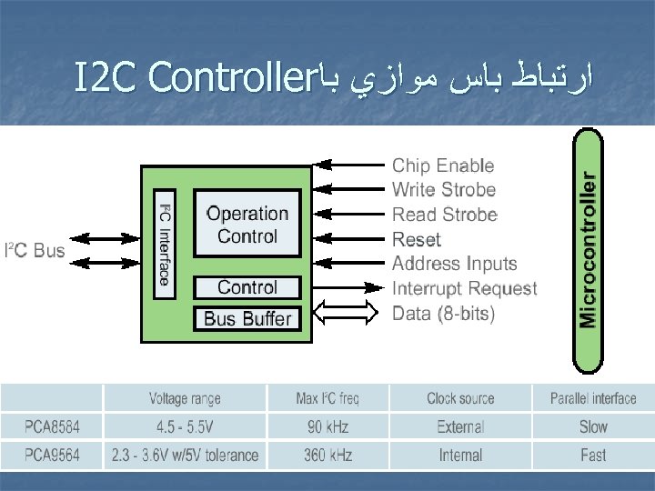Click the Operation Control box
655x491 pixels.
tap(247, 224)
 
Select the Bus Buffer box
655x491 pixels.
tap(247, 318)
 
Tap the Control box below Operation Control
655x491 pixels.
tap(247, 287)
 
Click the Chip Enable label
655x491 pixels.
tap(443, 165)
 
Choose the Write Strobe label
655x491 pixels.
tap(444, 190)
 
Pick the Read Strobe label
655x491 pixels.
tap(444, 215)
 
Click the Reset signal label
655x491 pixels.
tap(416, 239)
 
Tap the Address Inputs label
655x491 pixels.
tap(454, 264)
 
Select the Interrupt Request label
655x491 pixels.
tap(464, 288)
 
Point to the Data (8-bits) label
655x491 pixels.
tap(444, 314)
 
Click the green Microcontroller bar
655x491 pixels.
tap(589, 250)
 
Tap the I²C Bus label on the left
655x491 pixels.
tap(35, 250)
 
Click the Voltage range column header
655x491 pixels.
tap(185, 398)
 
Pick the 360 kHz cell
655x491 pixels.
tap(327, 455)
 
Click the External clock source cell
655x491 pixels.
tap(460, 426)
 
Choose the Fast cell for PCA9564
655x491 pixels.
tap(593, 455)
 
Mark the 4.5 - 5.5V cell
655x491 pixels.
tap(185, 426)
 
